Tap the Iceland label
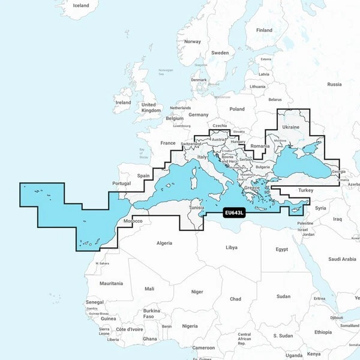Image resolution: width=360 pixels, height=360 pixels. (80, 5)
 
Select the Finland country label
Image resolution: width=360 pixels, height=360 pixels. (264, 30)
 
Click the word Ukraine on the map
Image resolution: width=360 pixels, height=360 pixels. (290, 127)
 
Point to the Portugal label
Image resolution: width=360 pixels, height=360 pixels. (121, 183)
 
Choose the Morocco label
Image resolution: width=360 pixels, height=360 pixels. (133, 221)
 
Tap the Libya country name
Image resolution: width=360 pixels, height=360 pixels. (231, 247)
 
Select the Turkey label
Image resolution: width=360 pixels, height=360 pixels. (306, 190)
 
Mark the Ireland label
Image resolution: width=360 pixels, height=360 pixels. (123, 103)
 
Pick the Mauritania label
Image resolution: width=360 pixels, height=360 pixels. (111, 283)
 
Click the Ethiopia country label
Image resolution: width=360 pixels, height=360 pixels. (322, 332)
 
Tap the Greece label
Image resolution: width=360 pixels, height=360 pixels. (252, 187)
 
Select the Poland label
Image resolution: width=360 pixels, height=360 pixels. (238, 109)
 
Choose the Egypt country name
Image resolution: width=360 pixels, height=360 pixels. (281, 249)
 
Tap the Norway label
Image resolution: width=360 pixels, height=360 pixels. (193, 41)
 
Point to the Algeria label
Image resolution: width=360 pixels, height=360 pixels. (164, 243)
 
